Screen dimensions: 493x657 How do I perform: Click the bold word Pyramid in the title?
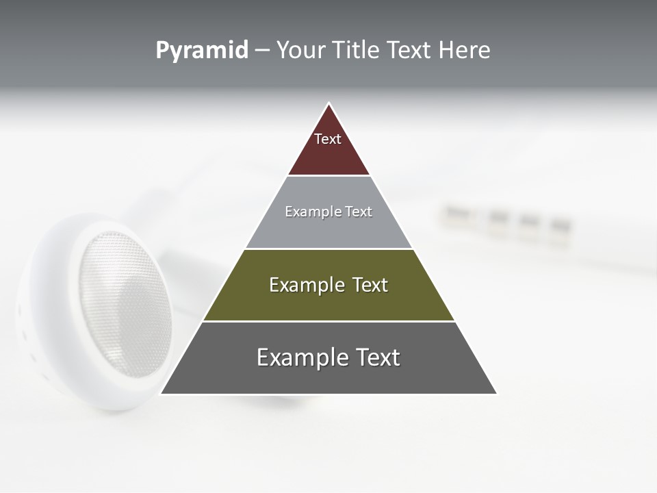tap(202, 50)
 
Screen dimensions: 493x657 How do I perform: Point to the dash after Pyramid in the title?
tap(262, 51)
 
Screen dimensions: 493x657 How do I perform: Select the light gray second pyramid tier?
tap(328, 229)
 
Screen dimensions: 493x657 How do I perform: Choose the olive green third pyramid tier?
tap(328, 301)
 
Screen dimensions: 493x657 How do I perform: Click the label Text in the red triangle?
tap(328, 139)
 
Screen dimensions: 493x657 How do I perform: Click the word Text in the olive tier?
tap(370, 285)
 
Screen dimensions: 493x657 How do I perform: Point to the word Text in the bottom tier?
tap(378, 357)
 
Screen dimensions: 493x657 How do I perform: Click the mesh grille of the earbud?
tap(123, 301)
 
